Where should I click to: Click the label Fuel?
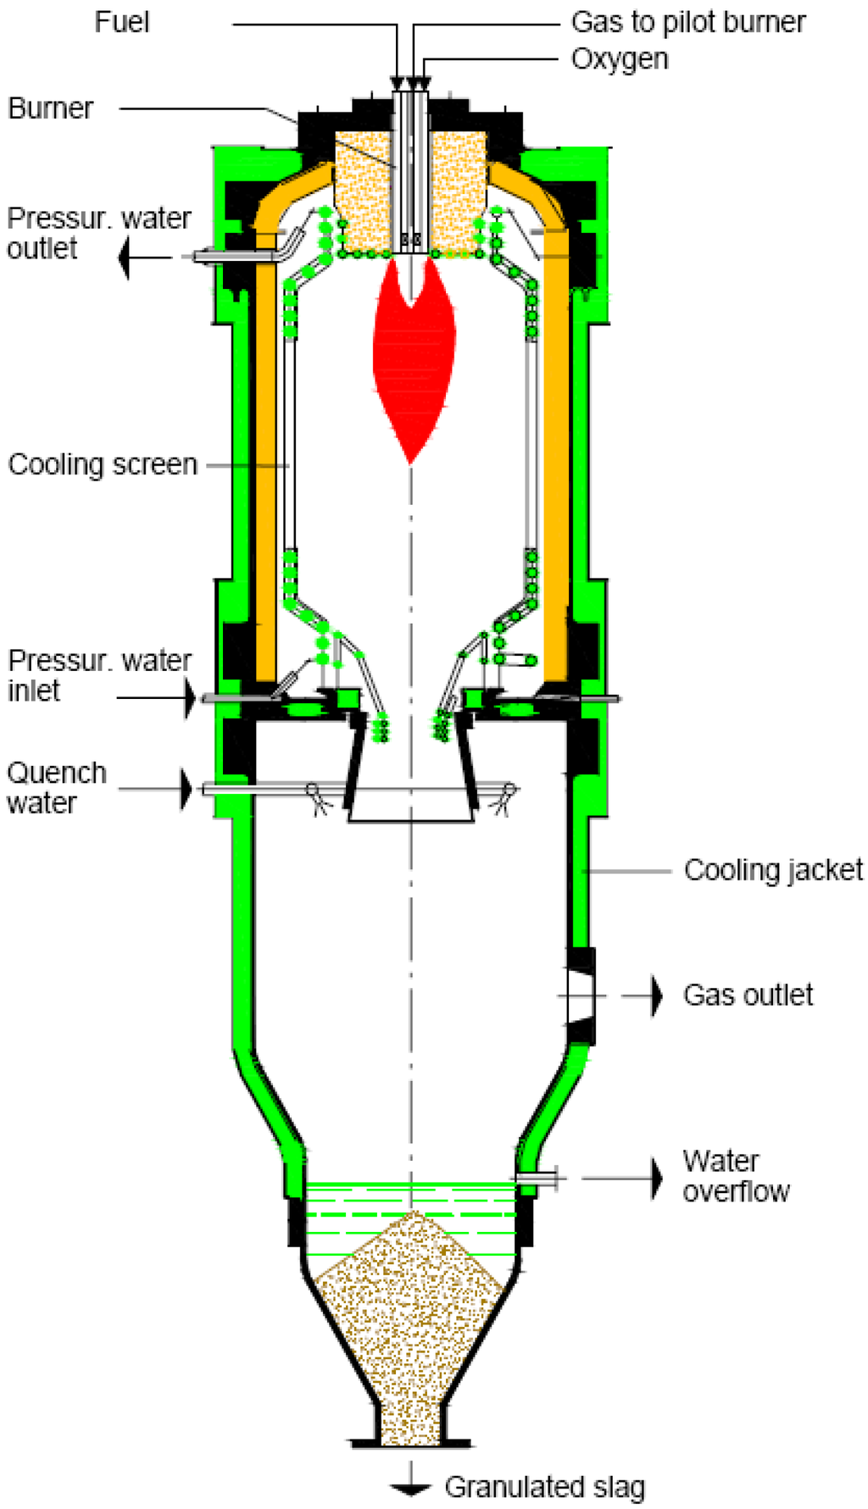[121, 22]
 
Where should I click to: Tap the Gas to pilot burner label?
[687, 22]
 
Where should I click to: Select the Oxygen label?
[619, 59]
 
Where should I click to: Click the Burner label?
[50, 108]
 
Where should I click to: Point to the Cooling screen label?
[102, 464]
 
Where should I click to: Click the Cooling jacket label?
[773, 870]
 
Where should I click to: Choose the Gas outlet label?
[748, 995]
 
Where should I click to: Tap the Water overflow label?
[736, 1176]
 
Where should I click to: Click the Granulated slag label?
[544, 1487]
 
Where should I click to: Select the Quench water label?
[56, 788]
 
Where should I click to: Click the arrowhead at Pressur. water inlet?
[190, 698]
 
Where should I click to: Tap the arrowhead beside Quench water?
[186, 790]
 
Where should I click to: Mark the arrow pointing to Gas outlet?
[655, 995]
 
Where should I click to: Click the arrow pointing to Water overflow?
[655, 1178]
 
